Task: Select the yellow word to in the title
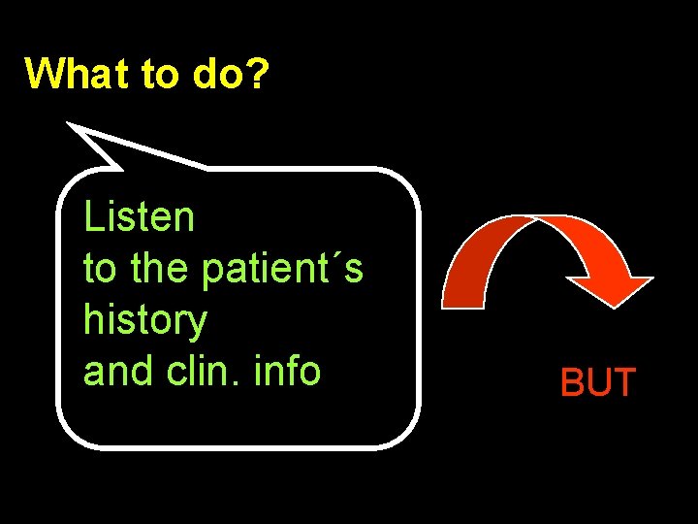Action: (160, 74)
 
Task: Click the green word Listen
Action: (139, 217)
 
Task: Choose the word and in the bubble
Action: (115, 371)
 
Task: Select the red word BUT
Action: (597, 383)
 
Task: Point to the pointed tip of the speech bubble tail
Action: (68, 124)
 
